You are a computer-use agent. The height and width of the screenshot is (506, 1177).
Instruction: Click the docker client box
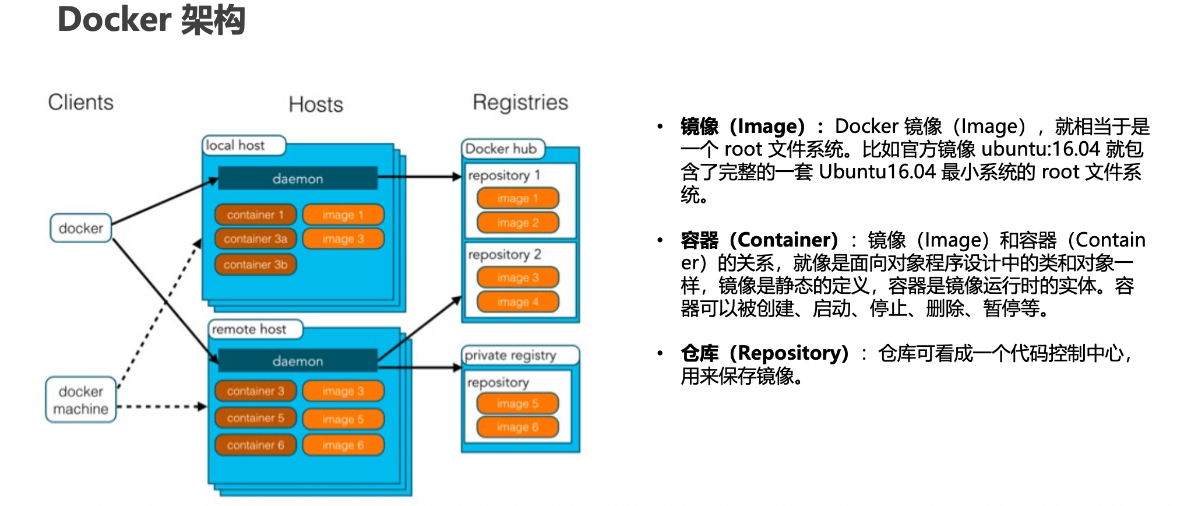click(x=80, y=228)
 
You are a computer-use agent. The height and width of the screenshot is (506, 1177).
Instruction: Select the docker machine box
click(x=80, y=400)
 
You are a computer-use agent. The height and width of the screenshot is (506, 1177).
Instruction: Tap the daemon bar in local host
click(x=298, y=178)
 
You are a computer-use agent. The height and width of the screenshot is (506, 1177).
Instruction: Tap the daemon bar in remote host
click(x=298, y=361)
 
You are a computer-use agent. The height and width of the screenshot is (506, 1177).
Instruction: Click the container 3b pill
click(x=255, y=265)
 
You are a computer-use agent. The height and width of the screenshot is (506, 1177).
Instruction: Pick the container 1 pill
click(x=255, y=215)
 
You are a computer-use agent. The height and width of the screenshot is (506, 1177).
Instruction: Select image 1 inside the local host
click(x=343, y=215)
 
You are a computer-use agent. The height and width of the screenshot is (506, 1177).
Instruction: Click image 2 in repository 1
click(x=517, y=223)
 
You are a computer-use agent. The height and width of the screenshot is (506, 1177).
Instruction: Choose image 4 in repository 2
click(x=517, y=302)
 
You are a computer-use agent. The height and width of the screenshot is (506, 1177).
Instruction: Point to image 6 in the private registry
click(x=517, y=427)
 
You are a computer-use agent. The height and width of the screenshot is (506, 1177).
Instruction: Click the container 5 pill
click(x=255, y=418)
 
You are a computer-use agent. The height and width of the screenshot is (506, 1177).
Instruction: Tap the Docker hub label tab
click(x=502, y=149)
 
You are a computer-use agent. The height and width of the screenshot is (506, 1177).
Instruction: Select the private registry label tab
click(x=510, y=355)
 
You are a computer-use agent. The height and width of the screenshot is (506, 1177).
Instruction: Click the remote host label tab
click(x=249, y=329)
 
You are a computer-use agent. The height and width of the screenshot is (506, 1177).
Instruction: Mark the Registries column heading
click(x=520, y=102)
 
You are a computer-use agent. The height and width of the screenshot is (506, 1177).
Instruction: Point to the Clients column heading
click(x=80, y=102)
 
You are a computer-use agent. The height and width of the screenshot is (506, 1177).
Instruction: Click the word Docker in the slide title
click(x=114, y=20)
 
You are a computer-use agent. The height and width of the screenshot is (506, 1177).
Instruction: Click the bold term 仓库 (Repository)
click(x=764, y=353)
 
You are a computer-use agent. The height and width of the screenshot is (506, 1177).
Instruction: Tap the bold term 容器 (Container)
click(x=759, y=240)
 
